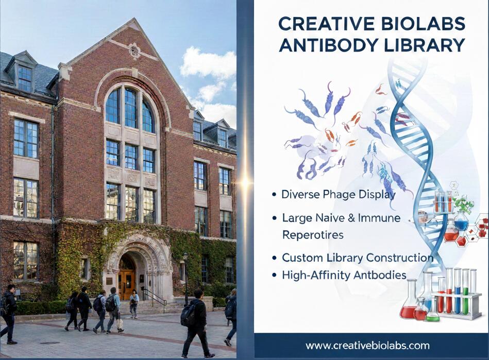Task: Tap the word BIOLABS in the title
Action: point(419,23)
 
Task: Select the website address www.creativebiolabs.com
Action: point(367,345)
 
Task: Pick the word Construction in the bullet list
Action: point(401,258)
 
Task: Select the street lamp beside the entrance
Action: point(186,273)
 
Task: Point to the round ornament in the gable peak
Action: point(134,50)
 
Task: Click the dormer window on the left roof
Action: point(24,77)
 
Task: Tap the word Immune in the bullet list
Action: point(380,218)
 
